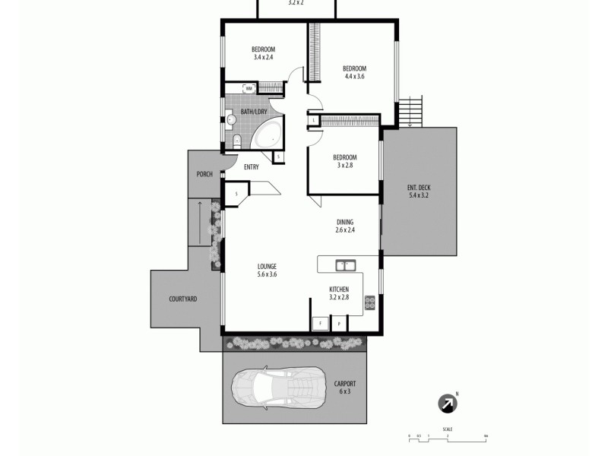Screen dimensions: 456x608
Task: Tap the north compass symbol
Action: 448,404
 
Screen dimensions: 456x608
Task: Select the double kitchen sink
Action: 346,264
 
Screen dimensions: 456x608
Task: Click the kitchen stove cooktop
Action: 370,302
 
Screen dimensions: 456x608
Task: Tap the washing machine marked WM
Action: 249,89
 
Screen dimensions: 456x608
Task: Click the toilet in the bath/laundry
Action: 236,140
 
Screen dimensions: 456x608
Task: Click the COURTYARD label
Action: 183,299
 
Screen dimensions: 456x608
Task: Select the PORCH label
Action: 204,174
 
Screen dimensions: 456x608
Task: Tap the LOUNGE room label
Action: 267,266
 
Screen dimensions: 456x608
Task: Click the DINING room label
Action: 346,222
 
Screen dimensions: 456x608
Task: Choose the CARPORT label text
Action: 345,384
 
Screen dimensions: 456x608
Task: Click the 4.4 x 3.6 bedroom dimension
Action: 355,76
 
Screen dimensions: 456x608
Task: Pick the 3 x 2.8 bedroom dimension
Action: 345,165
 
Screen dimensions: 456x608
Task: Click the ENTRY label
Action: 252,167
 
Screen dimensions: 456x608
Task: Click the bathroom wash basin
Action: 231,119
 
